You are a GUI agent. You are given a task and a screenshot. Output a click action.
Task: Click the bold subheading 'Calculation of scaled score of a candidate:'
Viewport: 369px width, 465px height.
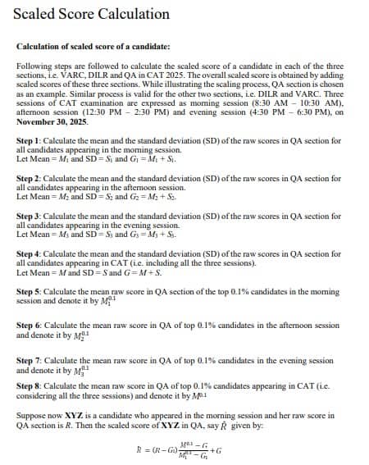pos(93,48)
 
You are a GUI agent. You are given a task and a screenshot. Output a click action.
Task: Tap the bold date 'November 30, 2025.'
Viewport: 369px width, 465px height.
pos(52,121)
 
